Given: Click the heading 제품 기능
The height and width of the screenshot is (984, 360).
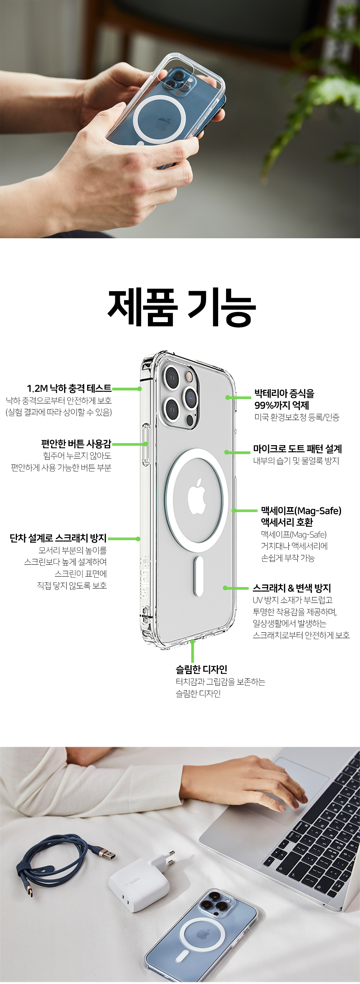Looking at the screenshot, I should (181, 307).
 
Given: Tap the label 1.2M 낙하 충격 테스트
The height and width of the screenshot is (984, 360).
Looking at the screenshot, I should (69, 388).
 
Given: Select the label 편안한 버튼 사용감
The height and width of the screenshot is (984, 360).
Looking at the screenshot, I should (76, 444).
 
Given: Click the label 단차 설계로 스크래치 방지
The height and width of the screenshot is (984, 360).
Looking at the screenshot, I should (58, 538).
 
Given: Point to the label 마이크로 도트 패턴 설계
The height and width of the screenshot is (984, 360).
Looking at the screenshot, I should (297, 449).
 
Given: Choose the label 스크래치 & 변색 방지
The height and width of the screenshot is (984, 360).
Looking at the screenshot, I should (292, 588).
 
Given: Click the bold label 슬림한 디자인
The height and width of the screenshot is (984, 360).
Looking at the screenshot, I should (201, 670).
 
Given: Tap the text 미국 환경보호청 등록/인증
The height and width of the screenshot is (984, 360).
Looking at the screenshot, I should (297, 417).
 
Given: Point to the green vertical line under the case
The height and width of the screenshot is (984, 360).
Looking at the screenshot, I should (193, 652).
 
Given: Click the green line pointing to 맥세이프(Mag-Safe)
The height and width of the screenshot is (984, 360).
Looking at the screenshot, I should (245, 511).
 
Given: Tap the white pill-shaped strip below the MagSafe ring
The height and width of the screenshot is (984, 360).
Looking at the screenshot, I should (198, 575).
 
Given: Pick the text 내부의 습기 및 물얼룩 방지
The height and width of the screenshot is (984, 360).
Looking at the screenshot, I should (296, 461).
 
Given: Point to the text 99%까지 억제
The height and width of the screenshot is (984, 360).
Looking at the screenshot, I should (282, 405).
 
